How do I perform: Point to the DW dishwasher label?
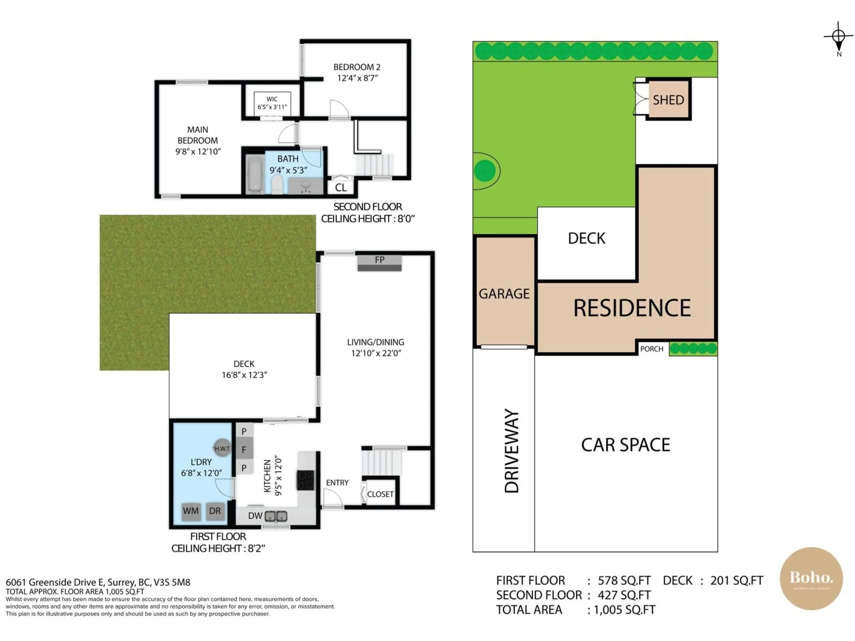255,516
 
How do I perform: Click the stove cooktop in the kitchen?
305,480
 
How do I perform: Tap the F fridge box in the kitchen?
244,449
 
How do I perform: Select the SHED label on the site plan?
668,100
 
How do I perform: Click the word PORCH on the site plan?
652,349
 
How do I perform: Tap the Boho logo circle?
811,578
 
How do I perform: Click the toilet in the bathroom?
277,184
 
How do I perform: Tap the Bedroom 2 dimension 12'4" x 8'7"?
357,78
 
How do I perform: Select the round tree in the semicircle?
485,171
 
